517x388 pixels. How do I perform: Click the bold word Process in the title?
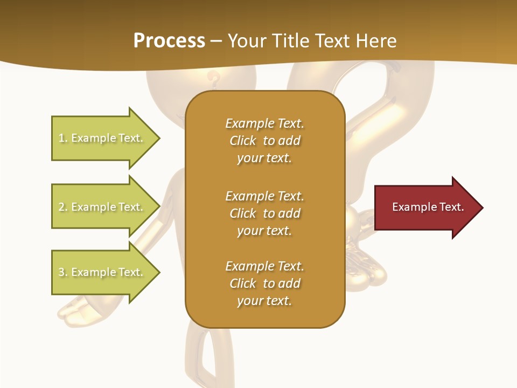(x=169, y=41)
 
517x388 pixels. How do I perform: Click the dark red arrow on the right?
(x=425, y=207)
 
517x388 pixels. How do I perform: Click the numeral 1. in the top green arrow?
(x=63, y=138)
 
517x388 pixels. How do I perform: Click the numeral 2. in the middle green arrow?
(x=63, y=207)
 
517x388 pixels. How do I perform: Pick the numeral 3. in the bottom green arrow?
(x=63, y=272)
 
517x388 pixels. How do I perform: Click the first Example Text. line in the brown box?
(x=264, y=123)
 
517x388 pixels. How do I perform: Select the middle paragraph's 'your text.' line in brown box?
(x=264, y=231)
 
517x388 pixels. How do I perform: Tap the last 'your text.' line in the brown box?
(x=264, y=301)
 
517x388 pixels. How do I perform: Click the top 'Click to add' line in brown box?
(x=264, y=141)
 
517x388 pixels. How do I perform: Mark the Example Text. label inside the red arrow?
(x=428, y=207)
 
